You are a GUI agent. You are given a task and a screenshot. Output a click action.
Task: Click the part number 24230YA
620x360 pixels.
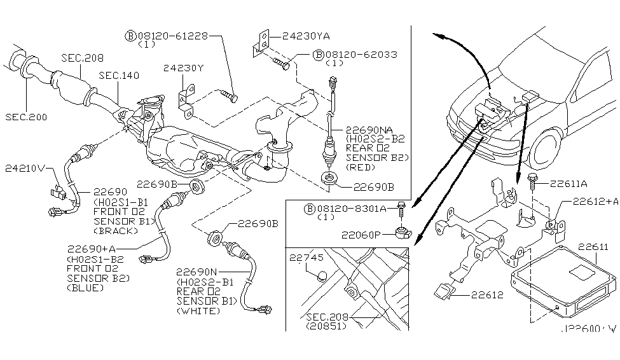[x=298, y=36]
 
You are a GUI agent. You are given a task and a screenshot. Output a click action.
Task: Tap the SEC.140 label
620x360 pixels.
[x=118, y=75]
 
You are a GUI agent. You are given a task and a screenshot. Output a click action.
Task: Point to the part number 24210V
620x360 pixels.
[x=24, y=170]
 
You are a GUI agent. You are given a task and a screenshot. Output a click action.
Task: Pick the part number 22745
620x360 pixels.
[x=307, y=258]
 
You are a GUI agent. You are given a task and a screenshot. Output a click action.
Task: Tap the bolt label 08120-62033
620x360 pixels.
[x=361, y=55]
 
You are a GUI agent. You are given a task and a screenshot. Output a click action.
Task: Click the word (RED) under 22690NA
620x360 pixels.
[x=359, y=167]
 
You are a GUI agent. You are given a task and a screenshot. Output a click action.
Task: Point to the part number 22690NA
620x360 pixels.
[x=369, y=128]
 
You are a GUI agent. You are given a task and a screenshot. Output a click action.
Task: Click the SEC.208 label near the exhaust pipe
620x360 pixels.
[x=82, y=58]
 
